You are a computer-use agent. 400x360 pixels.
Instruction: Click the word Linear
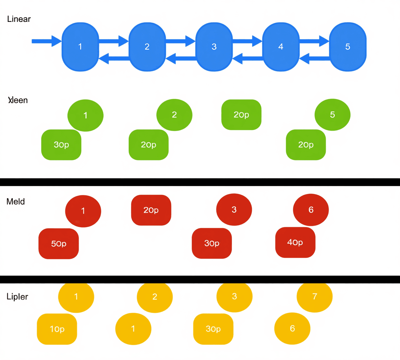(19, 19)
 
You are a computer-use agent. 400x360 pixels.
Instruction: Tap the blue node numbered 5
(347, 47)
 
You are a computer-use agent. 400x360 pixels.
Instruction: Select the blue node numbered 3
(214, 47)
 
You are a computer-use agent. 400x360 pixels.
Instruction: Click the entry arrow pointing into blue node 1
(47, 41)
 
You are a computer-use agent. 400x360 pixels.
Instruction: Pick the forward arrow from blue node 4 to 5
(314, 41)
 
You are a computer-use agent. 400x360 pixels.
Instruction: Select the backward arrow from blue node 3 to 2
(181, 58)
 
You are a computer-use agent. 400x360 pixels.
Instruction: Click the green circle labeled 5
(332, 115)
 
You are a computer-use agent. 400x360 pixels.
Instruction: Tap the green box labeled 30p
(61, 145)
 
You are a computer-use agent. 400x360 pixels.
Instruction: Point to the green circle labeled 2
(174, 115)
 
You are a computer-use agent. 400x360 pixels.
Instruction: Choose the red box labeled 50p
(59, 243)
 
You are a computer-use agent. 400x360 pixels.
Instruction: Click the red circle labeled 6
(311, 210)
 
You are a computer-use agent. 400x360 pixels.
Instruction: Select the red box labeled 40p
(295, 242)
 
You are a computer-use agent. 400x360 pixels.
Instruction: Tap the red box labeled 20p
(151, 210)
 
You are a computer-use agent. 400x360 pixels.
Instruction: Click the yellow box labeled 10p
(57, 329)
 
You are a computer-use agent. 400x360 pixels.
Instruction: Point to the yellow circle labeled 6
(292, 328)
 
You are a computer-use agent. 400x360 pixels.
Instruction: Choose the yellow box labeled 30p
(213, 329)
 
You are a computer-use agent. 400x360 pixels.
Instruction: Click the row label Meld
(16, 202)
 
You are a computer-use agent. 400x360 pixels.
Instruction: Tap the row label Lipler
(17, 297)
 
